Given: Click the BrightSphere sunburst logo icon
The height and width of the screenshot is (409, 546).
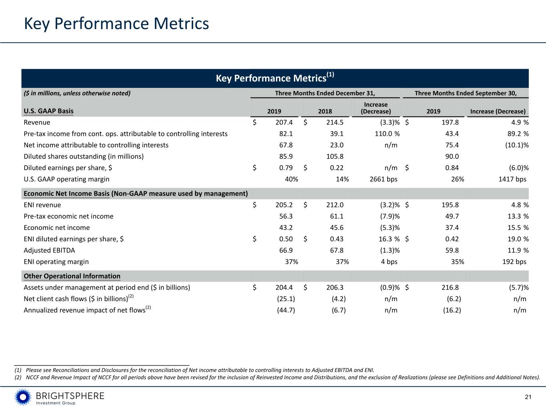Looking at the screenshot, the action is (x=23, y=397).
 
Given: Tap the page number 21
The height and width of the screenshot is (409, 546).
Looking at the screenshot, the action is (x=528, y=397).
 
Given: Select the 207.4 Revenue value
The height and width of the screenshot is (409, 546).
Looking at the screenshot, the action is (x=284, y=123).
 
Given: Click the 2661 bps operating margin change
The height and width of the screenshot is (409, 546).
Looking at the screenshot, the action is (x=383, y=179).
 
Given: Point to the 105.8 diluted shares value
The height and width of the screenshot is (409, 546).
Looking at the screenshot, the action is (x=335, y=157).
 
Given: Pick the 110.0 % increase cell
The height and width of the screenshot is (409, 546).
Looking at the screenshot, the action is (x=387, y=134).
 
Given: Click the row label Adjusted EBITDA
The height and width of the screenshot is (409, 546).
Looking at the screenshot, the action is (x=49, y=250).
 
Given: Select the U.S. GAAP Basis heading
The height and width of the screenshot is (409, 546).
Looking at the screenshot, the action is (x=48, y=111).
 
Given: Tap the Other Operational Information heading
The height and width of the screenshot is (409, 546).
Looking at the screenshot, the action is (x=72, y=276).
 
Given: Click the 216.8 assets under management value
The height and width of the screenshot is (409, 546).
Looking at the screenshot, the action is (x=450, y=288).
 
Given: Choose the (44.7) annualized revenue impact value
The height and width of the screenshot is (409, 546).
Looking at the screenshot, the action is (x=286, y=310).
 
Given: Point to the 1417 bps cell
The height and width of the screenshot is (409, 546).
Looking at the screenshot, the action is (x=512, y=179).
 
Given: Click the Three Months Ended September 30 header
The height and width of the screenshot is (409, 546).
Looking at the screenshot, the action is (x=466, y=93).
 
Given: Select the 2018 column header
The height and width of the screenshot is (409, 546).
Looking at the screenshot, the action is (x=325, y=111).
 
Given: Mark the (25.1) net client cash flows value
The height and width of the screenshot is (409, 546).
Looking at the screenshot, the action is (x=286, y=299).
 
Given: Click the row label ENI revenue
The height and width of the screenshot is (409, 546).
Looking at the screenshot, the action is (x=42, y=205).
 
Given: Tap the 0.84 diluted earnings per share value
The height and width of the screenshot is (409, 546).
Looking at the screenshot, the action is (x=452, y=168).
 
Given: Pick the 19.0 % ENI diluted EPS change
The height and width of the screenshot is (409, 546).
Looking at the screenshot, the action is (x=518, y=239).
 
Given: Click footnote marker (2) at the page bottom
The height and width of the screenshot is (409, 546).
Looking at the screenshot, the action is (x=18, y=377).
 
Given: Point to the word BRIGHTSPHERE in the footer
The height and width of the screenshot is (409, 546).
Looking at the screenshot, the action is (x=70, y=396).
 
